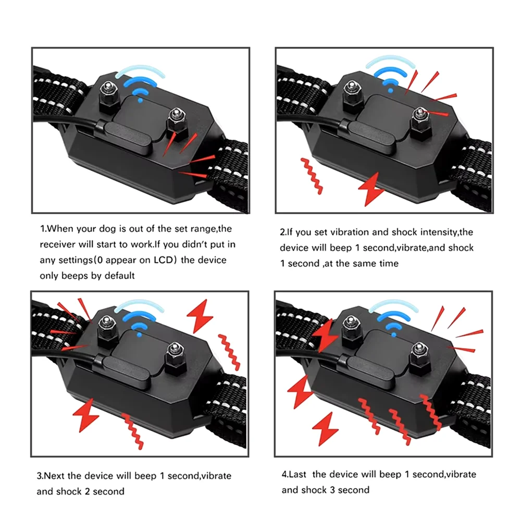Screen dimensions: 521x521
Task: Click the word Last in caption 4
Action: point(297,474)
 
